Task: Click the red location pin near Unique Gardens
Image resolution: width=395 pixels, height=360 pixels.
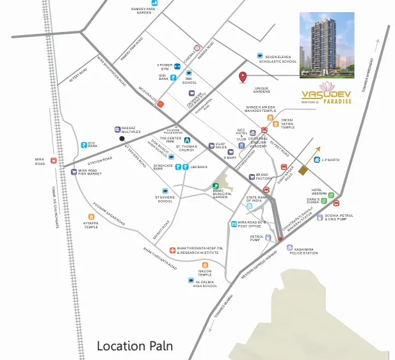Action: (x=243, y=78)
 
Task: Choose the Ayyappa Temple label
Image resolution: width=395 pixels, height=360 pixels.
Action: (x=91, y=224)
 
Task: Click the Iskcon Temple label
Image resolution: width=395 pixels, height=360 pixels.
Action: (x=204, y=272)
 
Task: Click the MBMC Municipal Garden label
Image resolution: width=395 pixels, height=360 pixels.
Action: (x=220, y=195)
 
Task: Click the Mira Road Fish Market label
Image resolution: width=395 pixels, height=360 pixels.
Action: (x=90, y=173)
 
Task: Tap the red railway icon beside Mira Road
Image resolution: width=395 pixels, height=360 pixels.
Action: (x=54, y=160)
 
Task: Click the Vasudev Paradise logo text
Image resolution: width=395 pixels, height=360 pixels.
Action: (x=325, y=97)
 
